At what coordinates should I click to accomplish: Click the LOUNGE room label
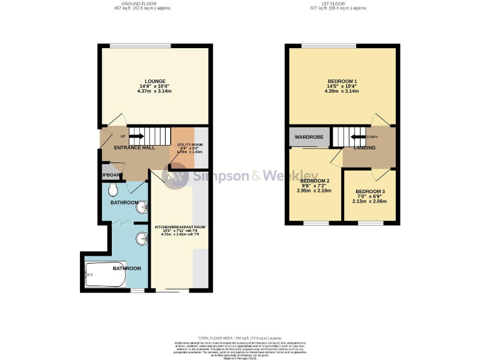point(154,81)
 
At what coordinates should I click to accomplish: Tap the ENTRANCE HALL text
point(130,147)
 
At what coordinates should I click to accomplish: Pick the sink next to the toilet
point(142,205)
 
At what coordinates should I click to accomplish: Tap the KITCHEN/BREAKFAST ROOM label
point(179,227)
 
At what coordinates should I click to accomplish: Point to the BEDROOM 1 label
point(342,81)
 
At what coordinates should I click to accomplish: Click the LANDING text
point(364,148)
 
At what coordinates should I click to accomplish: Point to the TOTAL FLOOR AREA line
point(240,338)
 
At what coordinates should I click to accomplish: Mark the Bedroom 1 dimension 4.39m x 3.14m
point(342,91)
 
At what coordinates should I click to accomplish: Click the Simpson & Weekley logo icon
point(176,176)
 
